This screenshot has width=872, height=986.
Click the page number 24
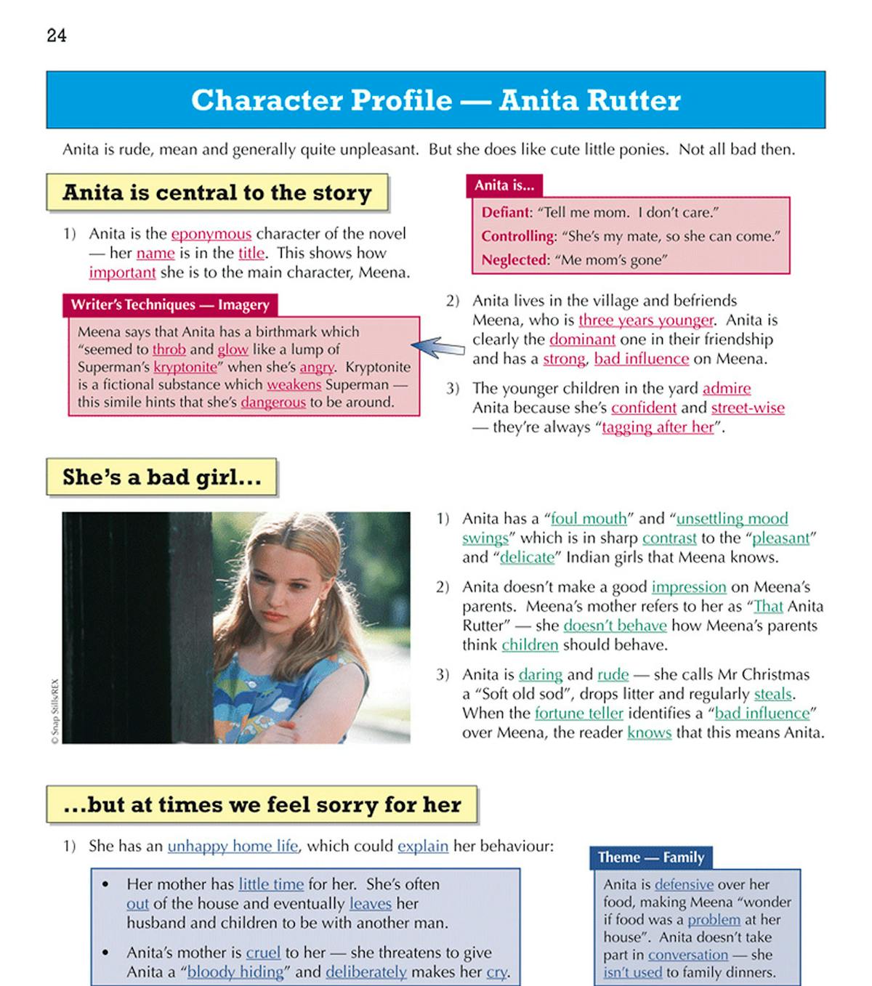point(57,36)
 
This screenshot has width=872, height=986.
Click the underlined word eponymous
point(211,234)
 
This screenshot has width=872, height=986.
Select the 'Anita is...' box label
point(504,186)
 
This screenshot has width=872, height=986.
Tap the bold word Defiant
point(506,212)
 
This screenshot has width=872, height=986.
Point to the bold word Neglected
point(514,260)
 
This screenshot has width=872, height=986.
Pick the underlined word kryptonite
point(185,367)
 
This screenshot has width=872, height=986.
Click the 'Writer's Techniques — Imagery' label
point(170,305)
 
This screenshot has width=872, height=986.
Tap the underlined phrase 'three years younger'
point(646,320)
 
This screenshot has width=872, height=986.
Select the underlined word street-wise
point(748,408)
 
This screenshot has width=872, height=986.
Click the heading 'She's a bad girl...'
point(161,477)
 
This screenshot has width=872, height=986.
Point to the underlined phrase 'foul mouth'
point(589,519)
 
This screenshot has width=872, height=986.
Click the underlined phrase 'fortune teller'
point(579,714)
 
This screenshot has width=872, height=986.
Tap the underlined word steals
point(772,694)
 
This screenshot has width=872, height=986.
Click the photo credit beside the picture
point(54,711)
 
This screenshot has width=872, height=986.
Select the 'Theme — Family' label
point(651,857)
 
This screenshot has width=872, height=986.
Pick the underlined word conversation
point(687,955)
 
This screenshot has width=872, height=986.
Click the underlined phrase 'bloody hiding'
point(235,972)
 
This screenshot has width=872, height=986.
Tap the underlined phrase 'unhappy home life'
point(233,846)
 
